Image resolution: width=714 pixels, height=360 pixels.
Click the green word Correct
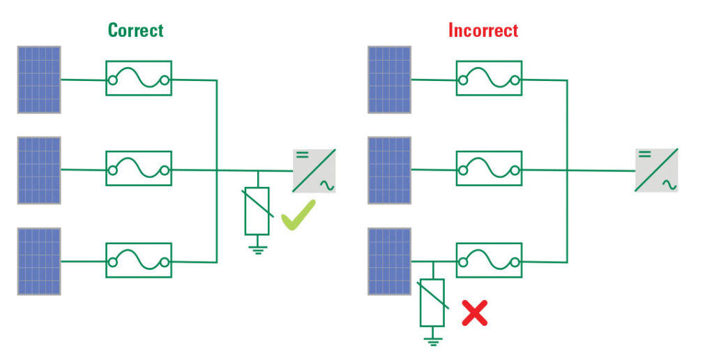pos(135,30)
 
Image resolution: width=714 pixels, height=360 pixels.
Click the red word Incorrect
pos(483,30)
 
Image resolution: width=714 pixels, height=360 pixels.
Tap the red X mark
pos(475,313)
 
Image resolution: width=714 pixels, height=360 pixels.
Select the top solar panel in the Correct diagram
pos(39,80)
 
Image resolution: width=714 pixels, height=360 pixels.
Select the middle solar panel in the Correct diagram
pos(39,170)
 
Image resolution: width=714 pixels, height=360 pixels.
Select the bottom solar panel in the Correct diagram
pos(39,261)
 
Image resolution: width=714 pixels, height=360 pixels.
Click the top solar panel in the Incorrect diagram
pos(390,80)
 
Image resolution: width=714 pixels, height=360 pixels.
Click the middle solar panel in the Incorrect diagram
pos(390,170)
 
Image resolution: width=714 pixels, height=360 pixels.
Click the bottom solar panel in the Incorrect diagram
pos(390,261)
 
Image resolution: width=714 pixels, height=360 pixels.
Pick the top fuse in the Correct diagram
pos(138,79)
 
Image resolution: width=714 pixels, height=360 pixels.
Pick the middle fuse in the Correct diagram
pos(138,169)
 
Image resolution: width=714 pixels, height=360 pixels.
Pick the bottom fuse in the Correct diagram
pos(138,260)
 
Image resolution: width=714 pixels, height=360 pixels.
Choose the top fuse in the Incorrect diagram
pos(489,79)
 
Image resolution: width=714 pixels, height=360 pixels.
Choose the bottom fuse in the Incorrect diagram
pos(489,260)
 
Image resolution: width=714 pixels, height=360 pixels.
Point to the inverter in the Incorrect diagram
pos(656,170)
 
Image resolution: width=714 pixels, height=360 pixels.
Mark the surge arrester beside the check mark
pos(257,211)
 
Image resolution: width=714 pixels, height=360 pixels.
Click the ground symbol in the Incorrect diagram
pos(432,340)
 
